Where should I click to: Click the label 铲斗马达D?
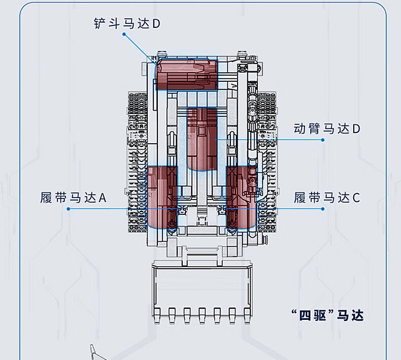pos(127,23)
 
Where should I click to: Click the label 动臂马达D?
pos(327,129)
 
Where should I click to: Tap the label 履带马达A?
pos(74,198)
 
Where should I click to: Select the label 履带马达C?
pos(327,198)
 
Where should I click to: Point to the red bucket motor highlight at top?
pos(186,75)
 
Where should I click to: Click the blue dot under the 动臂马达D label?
pos(323,140)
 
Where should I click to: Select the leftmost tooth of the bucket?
pos(157,313)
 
